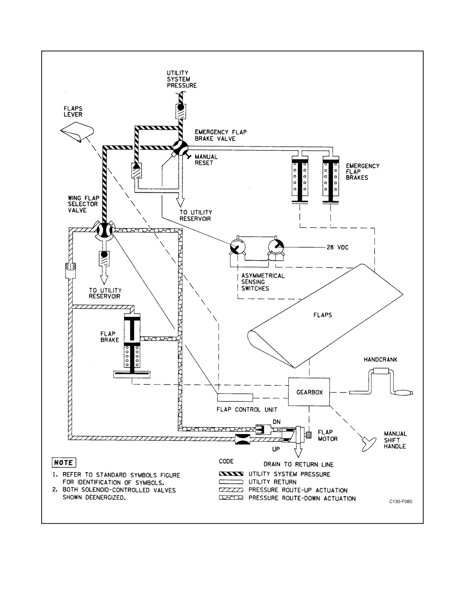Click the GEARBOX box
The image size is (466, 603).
coord(309,392)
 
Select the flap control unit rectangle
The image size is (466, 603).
coord(235,397)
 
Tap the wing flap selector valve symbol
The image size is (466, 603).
coord(105,230)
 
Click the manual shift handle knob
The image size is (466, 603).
coord(370,444)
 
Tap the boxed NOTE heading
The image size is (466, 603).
coord(64,463)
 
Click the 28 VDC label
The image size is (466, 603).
coord(337,247)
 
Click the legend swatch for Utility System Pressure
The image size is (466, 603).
coord(231,474)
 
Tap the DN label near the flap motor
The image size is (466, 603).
coord(276,422)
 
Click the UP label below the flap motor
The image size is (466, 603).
coord(276,449)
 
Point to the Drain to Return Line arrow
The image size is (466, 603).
coord(298,450)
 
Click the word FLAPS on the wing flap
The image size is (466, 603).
coord(322,315)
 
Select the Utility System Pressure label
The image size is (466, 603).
coord(182,79)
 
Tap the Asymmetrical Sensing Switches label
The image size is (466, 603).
coord(263,282)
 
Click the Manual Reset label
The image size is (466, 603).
coord(206,160)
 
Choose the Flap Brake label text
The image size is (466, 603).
coord(110,337)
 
